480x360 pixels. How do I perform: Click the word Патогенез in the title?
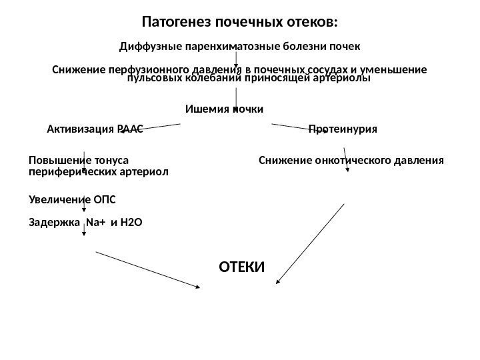point(175,23)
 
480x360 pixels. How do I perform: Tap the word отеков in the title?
point(312,23)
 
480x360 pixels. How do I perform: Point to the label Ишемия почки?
point(224,108)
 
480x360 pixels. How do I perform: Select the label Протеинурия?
point(343,129)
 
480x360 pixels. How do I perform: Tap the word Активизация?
point(81,129)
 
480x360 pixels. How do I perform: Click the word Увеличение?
point(55,199)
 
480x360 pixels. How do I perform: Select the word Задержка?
point(55,222)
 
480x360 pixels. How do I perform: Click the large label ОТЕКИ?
point(242,267)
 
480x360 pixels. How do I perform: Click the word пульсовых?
point(150,78)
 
